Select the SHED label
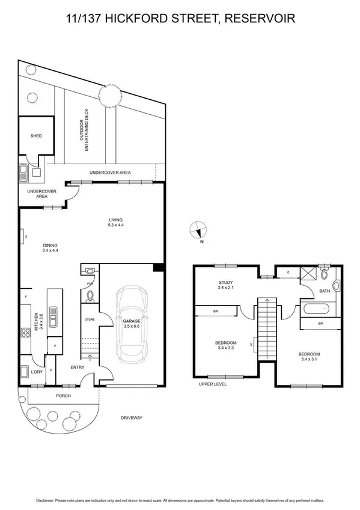click(x=36, y=137)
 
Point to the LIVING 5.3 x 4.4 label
click(x=115, y=222)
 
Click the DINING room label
click(x=50, y=248)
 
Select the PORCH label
click(x=63, y=395)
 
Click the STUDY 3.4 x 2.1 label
click(x=226, y=284)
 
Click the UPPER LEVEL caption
click(x=213, y=384)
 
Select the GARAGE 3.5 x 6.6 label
click(x=132, y=324)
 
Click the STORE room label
click(x=90, y=319)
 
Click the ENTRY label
click(x=78, y=367)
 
